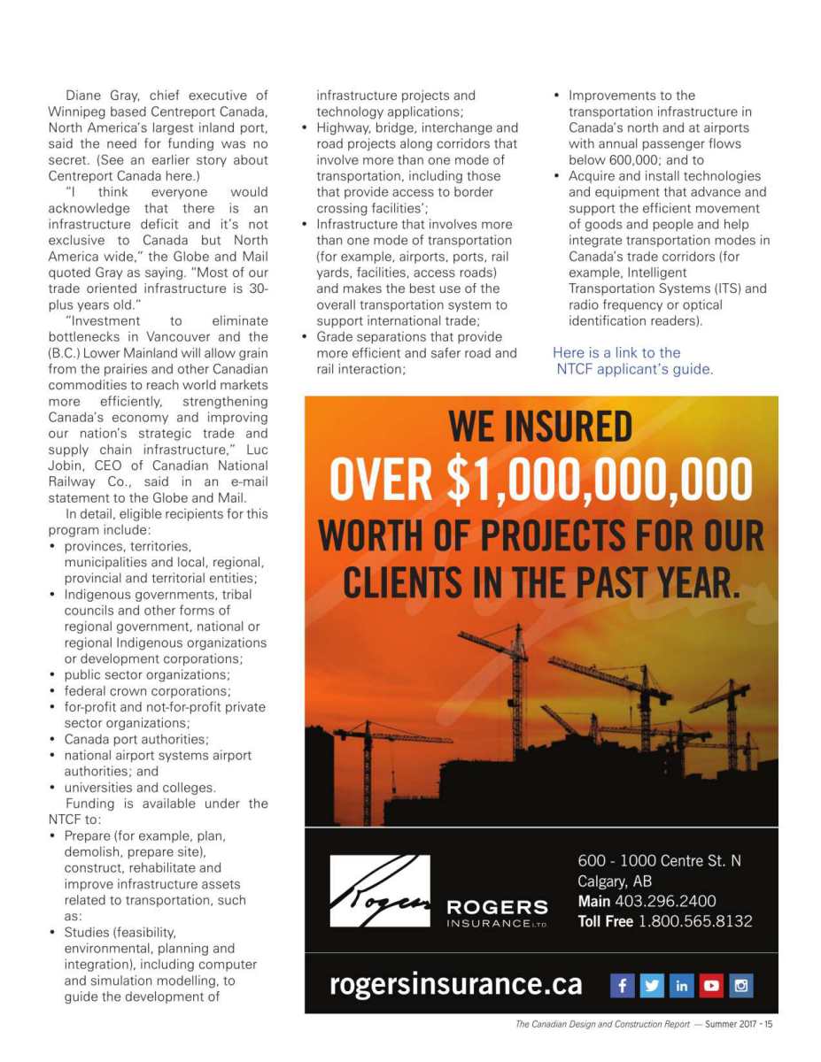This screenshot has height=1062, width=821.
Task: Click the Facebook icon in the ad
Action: point(623,985)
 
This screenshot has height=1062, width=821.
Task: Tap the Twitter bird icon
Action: point(652,985)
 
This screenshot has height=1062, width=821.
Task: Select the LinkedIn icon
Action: point(682,985)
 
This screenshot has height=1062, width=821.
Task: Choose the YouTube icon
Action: point(711,985)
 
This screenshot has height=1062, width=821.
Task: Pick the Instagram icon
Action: point(740,985)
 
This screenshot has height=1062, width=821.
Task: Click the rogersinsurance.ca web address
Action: point(456,984)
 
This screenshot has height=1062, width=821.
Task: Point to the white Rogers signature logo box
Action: point(380,891)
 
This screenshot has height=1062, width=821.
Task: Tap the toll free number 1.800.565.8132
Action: point(695,921)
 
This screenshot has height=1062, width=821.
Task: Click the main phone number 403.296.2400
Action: point(665,901)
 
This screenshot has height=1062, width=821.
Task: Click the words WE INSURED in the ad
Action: point(540,428)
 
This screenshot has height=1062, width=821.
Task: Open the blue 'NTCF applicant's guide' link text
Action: point(634,369)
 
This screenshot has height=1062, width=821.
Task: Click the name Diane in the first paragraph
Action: point(86,96)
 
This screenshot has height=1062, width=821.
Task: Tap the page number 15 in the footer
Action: point(768,1025)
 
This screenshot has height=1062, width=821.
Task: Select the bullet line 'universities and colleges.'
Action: point(140,788)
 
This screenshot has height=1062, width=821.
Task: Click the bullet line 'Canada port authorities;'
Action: point(136,739)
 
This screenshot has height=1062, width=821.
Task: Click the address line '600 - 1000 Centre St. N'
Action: point(660,860)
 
